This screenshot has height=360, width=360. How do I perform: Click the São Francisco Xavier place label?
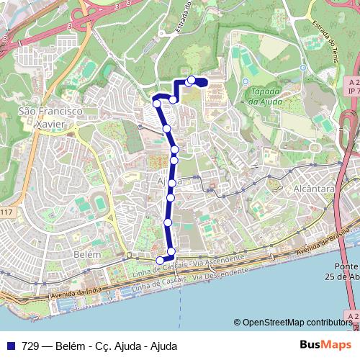(x=51, y=117)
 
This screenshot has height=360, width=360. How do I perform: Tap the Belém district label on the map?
(x=86, y=254)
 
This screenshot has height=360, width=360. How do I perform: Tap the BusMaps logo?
(x=325, y=346)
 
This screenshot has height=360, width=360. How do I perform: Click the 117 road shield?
(x=6, y=212)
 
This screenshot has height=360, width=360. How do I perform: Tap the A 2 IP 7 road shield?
(x=353, y=87)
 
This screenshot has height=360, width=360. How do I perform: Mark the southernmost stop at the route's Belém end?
(x=161, y=261)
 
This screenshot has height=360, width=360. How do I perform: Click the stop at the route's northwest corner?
(x=157, y=104)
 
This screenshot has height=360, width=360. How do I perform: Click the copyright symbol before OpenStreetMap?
(x=238, y=323)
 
